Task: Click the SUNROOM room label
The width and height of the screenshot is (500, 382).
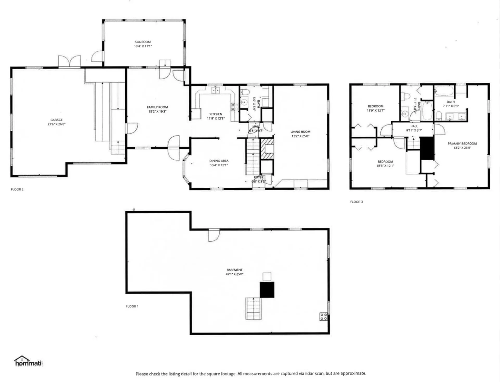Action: pyautogui.click(x=143, y=42)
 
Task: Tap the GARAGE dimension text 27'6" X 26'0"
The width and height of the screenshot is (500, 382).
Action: pyautogui.click(x=56, y=124)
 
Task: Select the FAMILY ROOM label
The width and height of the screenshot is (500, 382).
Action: pyautogui.click(x=157, y=107)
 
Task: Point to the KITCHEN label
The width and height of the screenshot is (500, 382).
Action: pyautogui.click(x=216, y=114)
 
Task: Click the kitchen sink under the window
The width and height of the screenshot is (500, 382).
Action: pyautogui.click(x=215, y=90)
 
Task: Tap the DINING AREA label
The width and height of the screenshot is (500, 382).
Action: pyautogui.click(x=219, y=161)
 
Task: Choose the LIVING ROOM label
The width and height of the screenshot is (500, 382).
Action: pyautogui.click(x=300, y=132)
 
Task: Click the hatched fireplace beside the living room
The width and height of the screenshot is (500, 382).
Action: pyautogui.click(x=267, y=149)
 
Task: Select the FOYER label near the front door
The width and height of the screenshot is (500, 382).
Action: pyautogui.click(x=259, y=177)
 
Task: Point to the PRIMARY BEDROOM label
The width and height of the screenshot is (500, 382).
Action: pyautogui.click(x=462, y=143)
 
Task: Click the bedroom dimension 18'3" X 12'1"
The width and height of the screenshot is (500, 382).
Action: pyautogui.click(x=385, y=166)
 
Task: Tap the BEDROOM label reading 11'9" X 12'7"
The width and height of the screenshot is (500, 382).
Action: pyautogui.click(x=376, y=106)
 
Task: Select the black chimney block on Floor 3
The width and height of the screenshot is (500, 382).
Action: pyautogui.click(x=427, y=148)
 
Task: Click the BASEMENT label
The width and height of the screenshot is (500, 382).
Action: pyautogui.click(x=234, y=270)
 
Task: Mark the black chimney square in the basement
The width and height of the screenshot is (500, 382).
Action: pyautogui.click(x=267, y=289)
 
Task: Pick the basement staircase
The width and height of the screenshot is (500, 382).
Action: pyautogui.click(x=253, y=308)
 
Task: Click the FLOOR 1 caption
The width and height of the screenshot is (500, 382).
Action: pyautogui.click(x=132, y=306)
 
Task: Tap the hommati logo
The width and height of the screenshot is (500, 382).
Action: pyautogui.click(x=28, y=362)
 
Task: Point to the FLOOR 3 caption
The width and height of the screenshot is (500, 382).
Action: pyautogui.click(x=356, y=202)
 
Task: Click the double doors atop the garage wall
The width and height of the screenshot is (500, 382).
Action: pyautogui.click(x=69, y=62)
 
